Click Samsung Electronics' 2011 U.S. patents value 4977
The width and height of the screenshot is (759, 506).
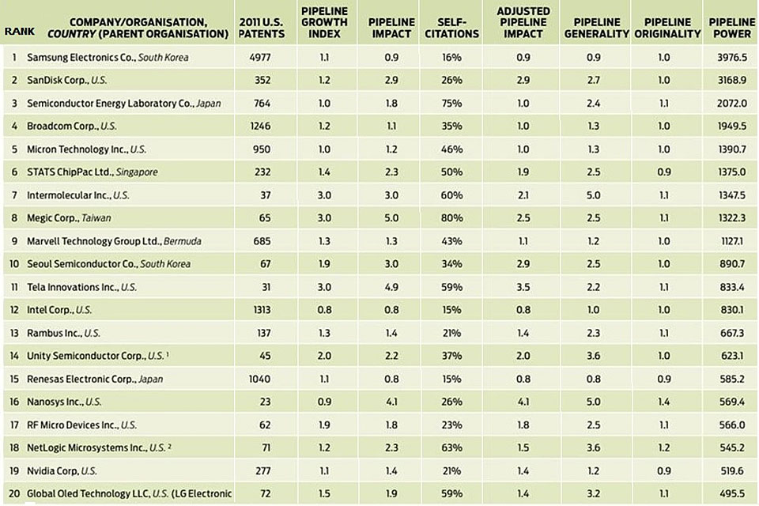[260, 58]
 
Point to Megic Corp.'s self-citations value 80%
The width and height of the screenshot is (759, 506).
[452, 217]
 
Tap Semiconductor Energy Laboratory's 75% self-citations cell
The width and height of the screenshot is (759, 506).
[452, 104]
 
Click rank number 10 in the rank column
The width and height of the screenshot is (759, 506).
[14, 263]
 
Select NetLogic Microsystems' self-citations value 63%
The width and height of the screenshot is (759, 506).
[452, 447]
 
